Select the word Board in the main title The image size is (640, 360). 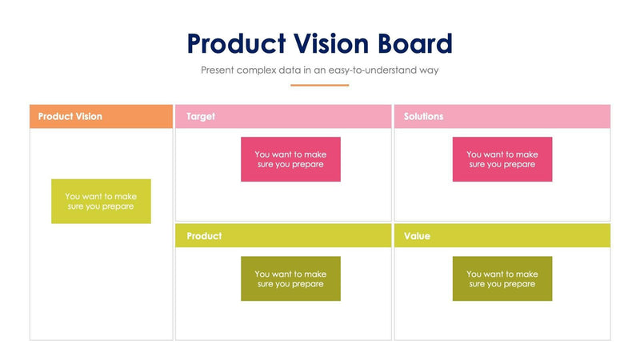pyautogui.click(x=414, y=43)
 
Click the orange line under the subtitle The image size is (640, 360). pyautogui.click(x=319, y=85)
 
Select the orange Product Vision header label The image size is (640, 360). pyautogui.click(x=70, y=117)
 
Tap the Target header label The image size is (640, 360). pyautogui.click(x=201, y=117)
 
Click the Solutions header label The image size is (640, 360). pyautogui.click(x=423, y=117)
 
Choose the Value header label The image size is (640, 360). pyautogui.click(x=417, y=237)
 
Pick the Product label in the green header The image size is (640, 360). pyautogui.click(x=204, y=237)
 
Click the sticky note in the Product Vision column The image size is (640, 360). pyautogui.click(x=101, y=201)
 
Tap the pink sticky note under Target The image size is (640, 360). pyautogui.click(x=290, y=159)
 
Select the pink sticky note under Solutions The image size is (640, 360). pyautogui.click(x=502, y=159)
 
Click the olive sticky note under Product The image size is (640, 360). pyautogui.click(x=290, y=278)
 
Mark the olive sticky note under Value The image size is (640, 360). pyautogui.click(x=502, y=278)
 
